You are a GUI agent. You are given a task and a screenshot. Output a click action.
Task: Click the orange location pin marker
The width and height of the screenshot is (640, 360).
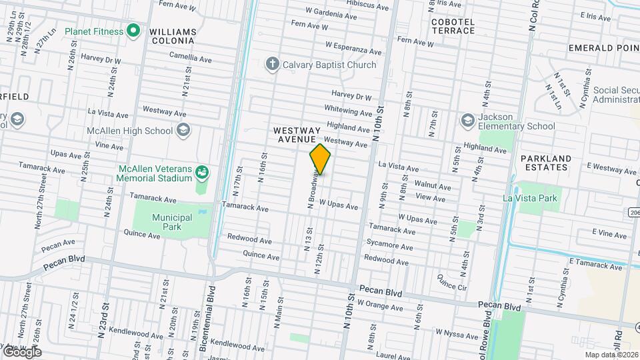(x=320, y=159)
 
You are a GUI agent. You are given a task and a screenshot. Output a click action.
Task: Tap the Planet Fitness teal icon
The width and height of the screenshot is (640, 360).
(x=133, y=31)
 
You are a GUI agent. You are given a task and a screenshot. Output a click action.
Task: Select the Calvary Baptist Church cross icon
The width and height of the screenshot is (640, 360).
(x=272, y=65)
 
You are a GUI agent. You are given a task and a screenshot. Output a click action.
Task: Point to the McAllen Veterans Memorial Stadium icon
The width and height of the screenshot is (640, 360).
(x=201, y=173)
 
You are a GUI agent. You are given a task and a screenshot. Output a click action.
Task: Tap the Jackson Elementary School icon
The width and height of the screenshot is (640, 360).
(x=467, y=119)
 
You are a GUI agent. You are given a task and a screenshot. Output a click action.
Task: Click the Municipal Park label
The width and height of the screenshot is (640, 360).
(x=171, y=222)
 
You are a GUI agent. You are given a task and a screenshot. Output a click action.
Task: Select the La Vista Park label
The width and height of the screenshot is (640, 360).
(x=529, y=198)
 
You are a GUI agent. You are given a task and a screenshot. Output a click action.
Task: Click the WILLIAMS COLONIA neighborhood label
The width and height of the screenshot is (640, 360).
(x=173, y=36)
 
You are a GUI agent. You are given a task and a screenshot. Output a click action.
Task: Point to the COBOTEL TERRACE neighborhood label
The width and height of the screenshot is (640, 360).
(x=453, y=27)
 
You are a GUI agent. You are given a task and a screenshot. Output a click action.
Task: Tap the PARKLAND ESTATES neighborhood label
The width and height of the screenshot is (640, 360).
(x=546, y=163)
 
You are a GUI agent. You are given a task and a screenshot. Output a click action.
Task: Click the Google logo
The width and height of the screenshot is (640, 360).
(x=22, y=351)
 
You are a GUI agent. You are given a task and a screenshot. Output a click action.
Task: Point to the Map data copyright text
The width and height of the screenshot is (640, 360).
(x=611, y=355)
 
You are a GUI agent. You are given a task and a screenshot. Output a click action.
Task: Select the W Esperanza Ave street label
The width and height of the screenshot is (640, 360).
(x=353, y=48)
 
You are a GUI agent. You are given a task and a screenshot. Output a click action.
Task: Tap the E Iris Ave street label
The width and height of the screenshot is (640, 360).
(x=595, y=17)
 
